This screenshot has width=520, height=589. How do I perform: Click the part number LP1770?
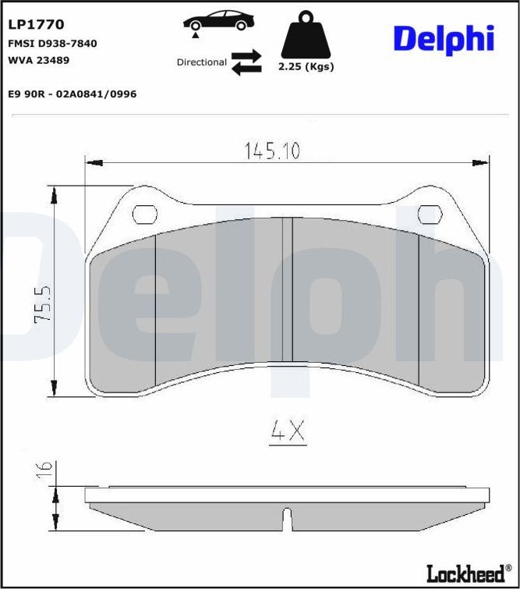coord(36,25)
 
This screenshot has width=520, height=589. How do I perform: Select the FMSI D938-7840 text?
coord(52,44)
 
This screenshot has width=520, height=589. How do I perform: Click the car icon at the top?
coord(218,21)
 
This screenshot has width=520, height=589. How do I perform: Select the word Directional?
coord(202,62)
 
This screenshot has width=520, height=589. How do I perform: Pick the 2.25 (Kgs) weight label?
coord(306,66)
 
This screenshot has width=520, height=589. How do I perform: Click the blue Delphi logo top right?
coord(444,38)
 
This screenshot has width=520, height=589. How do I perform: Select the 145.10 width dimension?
coord(272,151)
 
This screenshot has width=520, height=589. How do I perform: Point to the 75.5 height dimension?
coord(44,306)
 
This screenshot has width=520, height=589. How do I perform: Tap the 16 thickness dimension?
coord(44,469)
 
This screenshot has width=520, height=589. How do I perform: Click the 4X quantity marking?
coord(288,431)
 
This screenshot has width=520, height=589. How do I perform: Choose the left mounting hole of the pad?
coord(144,213)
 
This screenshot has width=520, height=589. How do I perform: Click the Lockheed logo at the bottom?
coord(465,573)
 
